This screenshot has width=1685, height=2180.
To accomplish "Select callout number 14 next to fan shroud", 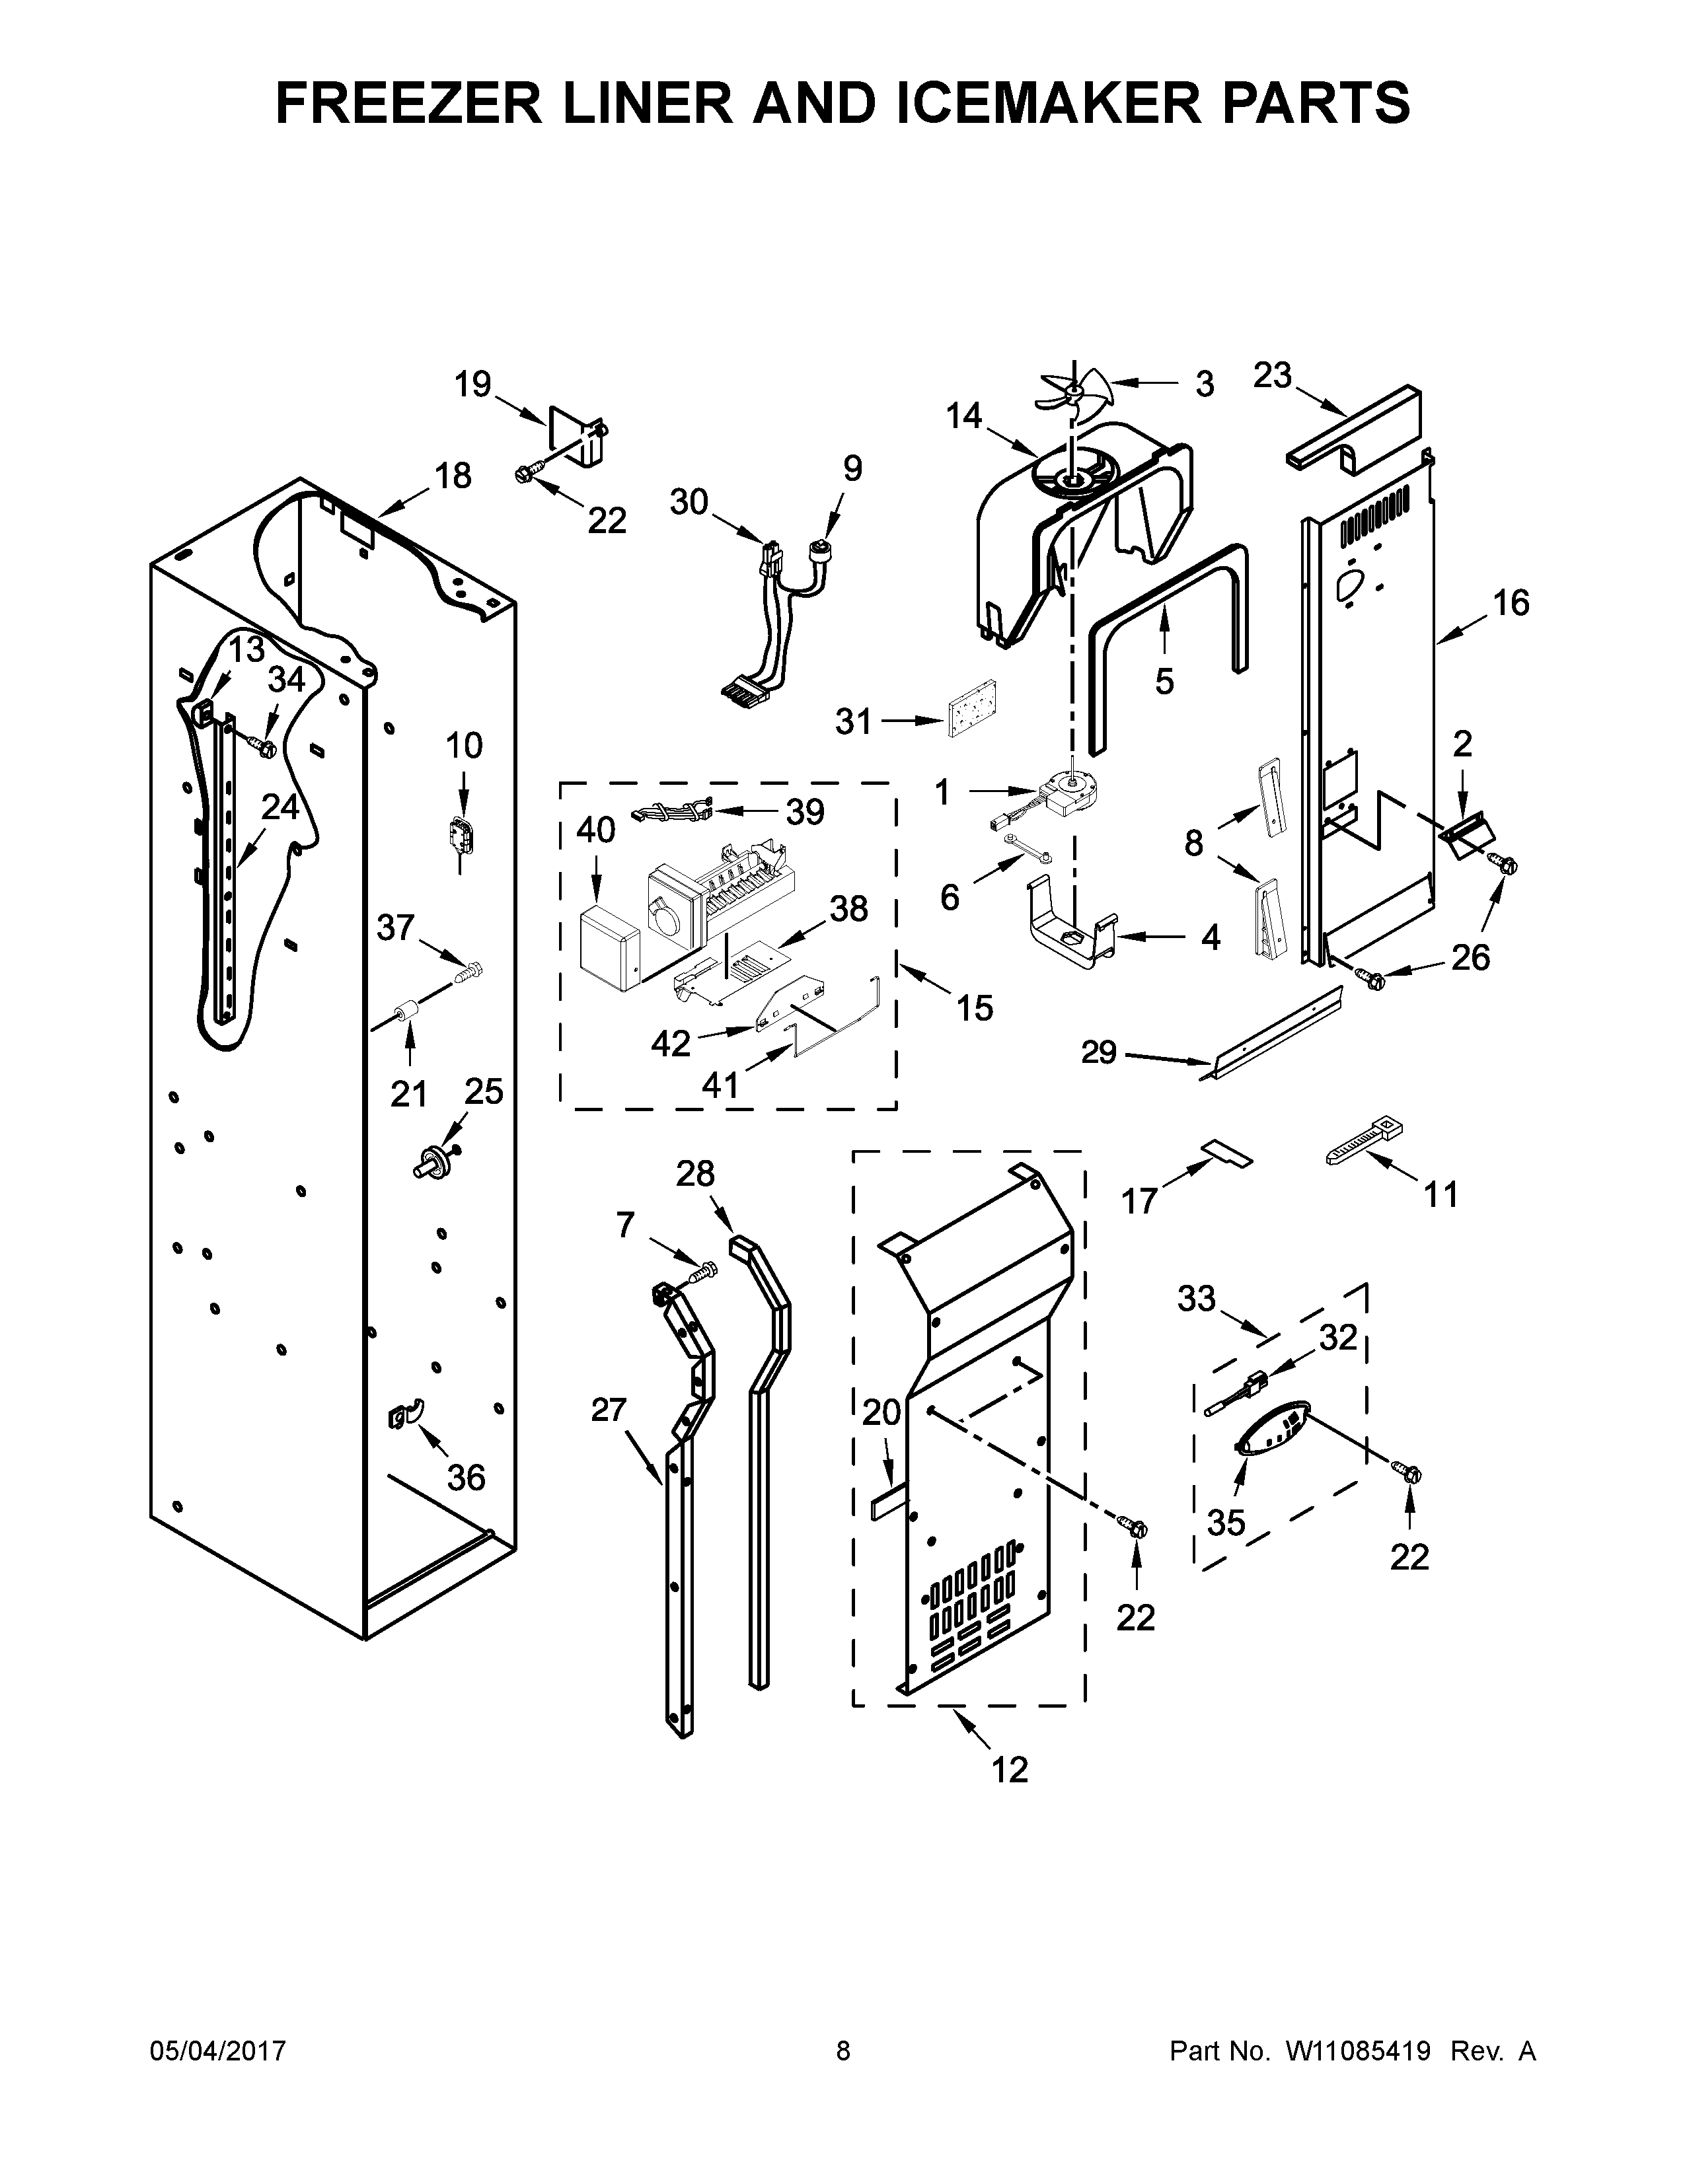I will tap(963, 416).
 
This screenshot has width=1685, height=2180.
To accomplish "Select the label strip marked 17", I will tap(1226, 1154).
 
